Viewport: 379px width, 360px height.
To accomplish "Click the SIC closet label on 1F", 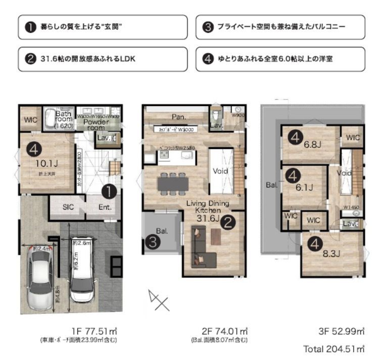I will pyautogui.click(x=68, y=207).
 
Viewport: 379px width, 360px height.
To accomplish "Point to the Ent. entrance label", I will pyautogui.click(x=105, y=207).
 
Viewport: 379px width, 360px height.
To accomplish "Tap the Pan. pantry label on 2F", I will pyautogui.click(x=178, y=116).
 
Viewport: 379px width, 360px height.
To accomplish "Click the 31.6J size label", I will pyautogui.click(x=207, y=219).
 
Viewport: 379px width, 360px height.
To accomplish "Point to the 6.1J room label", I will pyautogui.click(x=304, y=187).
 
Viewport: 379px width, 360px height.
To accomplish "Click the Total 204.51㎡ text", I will pyautogui.click(x=334, y=349).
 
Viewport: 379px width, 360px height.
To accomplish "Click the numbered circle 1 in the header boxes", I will pyautogui.click(x=30, y=27).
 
